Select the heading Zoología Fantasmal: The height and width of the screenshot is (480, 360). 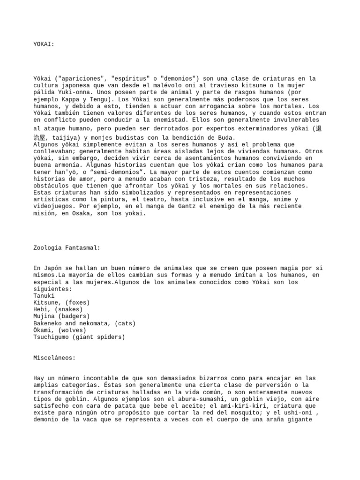67,247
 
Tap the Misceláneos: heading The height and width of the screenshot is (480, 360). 54,358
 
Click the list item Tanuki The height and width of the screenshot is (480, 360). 44,296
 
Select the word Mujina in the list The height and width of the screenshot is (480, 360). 45,316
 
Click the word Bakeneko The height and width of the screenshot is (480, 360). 49,323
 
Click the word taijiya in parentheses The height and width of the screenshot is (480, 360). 62,138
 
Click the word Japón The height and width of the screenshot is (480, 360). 52,268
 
